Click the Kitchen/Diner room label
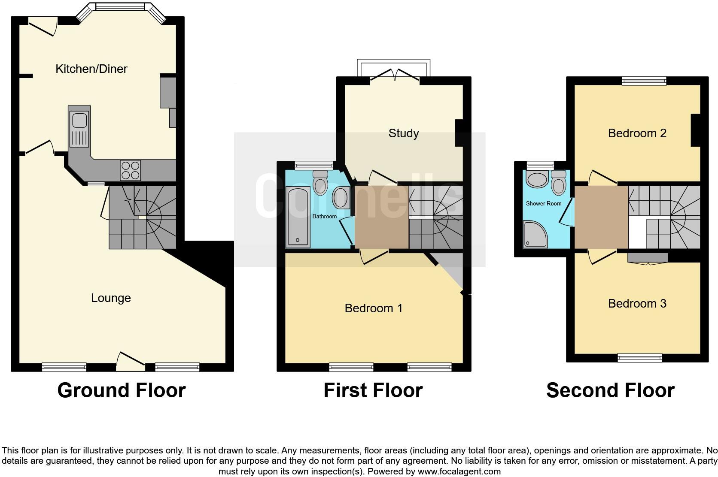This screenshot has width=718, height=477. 91,69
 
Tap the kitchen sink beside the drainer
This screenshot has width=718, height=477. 80,120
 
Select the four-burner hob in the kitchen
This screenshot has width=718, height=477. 131,170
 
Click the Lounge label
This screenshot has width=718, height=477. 111,298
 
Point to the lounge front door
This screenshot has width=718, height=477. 131,361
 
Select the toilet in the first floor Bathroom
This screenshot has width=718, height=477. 320,183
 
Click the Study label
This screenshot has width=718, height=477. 403,133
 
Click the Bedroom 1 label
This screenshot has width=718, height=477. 374,308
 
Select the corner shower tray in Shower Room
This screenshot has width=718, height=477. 535,235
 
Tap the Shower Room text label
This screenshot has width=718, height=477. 544,203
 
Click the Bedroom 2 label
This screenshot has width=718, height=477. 637,133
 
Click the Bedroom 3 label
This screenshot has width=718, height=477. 637,304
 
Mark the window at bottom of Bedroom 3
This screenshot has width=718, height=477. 639,357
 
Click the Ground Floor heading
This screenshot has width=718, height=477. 122,390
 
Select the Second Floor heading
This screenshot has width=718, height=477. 610,390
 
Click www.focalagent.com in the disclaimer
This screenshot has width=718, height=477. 458,471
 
